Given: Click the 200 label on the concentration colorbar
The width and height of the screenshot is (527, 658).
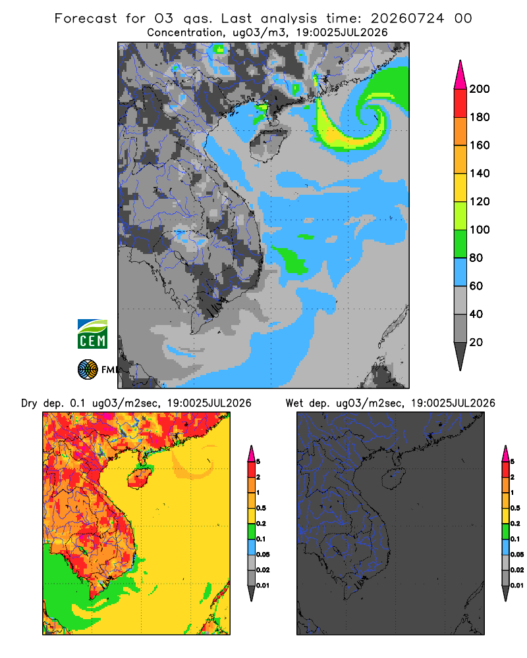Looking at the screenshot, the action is coord(480,89).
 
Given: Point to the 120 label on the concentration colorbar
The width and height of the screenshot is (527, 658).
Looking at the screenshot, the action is coord(480,202).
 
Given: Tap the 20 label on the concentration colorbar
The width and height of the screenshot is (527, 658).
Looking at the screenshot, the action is coord(476,342).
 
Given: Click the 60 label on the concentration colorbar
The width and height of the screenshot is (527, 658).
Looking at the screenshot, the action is coord(476,286).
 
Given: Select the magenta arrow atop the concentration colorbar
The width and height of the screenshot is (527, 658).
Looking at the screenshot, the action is coord(460,75).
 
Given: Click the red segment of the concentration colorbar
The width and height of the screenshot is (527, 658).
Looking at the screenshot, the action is coord(460,103).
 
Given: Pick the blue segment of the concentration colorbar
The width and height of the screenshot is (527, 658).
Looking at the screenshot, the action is coord(460,272).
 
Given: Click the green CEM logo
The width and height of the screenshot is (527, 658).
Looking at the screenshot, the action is coord(92,334).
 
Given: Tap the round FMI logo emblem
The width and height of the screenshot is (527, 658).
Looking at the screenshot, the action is coord(88,370).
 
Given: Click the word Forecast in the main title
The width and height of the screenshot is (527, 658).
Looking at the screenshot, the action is coord(86,18).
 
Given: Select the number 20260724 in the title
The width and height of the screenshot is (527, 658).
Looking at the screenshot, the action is coord(407,18).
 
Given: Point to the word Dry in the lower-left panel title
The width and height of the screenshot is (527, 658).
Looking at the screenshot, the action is coord(29,403).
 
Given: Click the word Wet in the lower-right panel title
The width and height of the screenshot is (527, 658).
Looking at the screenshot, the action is coord(294,403).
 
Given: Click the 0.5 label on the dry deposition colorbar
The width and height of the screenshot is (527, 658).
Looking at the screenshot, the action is coord(261,508).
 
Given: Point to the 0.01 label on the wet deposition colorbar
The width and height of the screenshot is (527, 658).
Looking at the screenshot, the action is coord(517,586).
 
